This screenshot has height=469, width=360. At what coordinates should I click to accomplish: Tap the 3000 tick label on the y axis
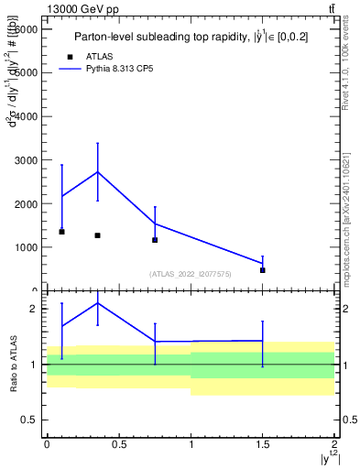[27, 160]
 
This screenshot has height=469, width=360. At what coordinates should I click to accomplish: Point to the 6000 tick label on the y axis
[27, 29]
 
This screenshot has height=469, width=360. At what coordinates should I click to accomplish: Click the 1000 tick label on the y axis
[27, 247]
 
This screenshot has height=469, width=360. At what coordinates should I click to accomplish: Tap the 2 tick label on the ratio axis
[33, 309]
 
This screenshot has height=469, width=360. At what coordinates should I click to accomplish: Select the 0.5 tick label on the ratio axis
[29, 420]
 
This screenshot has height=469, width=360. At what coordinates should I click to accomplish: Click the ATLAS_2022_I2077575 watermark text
[191, 274]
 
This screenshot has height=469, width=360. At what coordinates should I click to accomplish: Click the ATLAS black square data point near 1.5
[262, 270]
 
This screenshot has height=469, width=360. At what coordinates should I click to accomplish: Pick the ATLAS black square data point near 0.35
[97, 235]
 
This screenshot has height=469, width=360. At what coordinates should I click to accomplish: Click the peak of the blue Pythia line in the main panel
[97, 171]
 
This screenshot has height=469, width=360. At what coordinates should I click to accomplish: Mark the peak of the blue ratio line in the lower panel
[97, 302]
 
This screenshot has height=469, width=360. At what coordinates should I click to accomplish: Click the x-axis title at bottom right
[327, 458]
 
